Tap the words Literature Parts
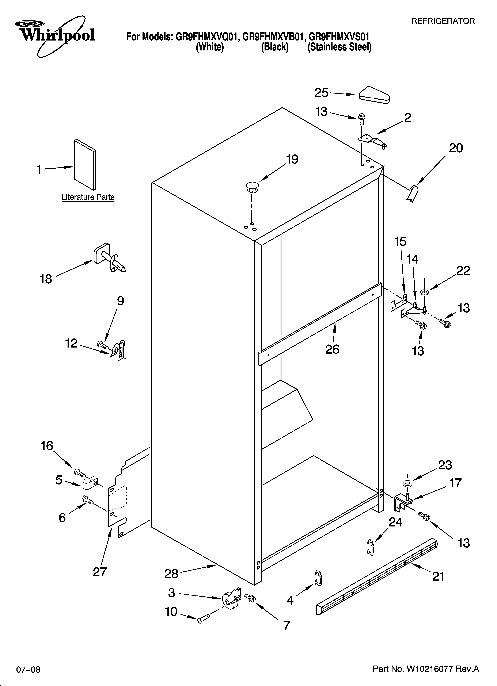(x=88, y=197)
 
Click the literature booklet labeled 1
(x=85, y=165)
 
